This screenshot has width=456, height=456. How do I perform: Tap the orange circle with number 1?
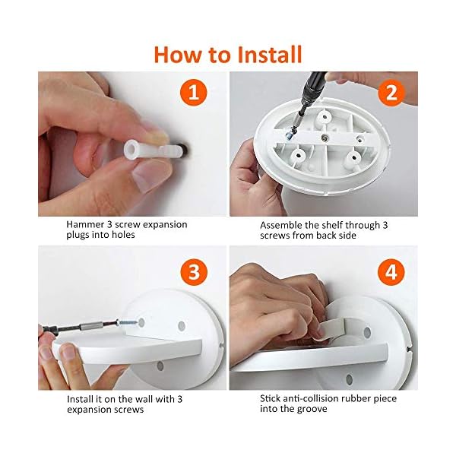coord(194,93)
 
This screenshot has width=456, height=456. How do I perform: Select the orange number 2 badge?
coord(391,93)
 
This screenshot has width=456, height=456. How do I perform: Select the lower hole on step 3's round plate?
coord(160,366)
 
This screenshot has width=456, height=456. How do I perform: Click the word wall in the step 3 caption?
coord(132,398)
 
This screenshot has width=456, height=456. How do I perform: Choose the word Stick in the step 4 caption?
coord(271,398)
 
